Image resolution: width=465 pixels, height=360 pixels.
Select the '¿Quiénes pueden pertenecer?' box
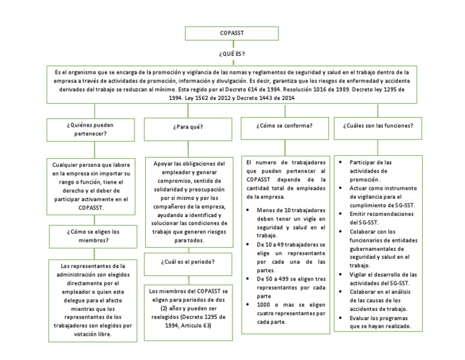(91, 129)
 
